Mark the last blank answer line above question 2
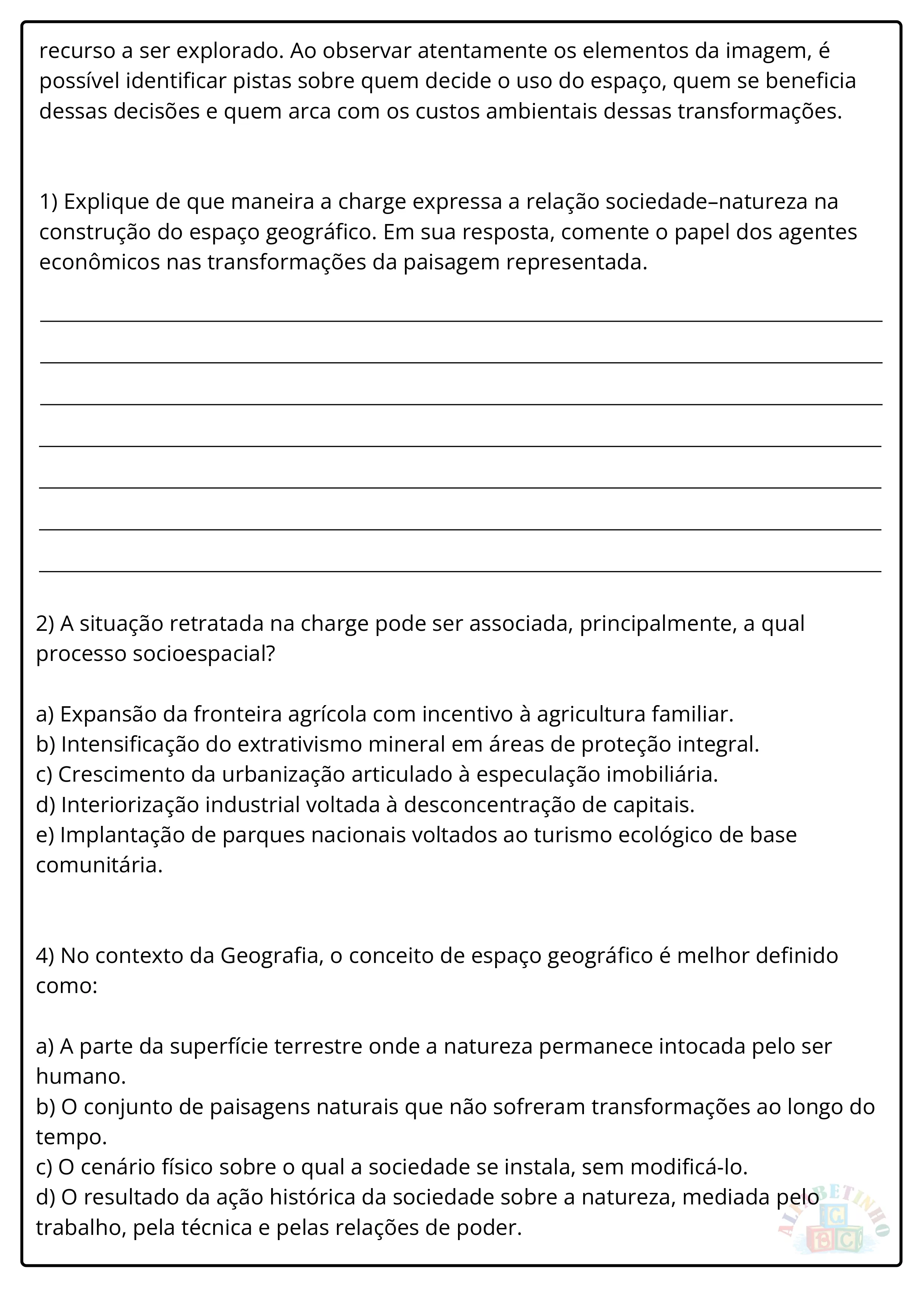pyautogui.click(x=460, y=571)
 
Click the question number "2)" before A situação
pyautogui.click(x=45, y=624)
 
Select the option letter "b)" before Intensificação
pyautogui.click(x=45, y=745)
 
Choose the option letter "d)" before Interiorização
pyautogui.click(x=45, y=805)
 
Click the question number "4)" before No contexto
pyautogui.click(x=45, y=956)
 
